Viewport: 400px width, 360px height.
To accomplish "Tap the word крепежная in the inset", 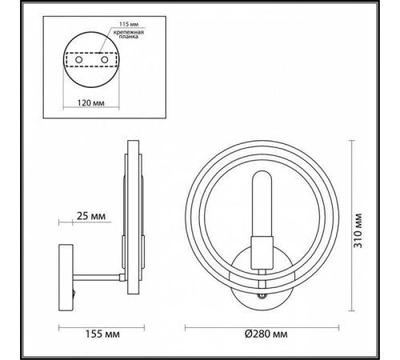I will pyautogui.click(x=126, y=30).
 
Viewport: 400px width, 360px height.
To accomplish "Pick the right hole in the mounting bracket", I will pyautogui.click(x=104, y=60).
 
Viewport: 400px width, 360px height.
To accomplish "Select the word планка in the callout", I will pyautogui.click(x=127, y=37).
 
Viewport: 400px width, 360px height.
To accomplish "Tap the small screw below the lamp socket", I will pyautogui.click(x=262, y=295).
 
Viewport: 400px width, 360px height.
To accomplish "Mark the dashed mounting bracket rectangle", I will pyautogui.click(x=91, y=61).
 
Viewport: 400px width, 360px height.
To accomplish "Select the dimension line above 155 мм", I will pyautogui.click(x=102, y=327).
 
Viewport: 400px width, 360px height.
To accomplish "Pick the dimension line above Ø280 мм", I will pyautogui.click(x=262, y=327).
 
